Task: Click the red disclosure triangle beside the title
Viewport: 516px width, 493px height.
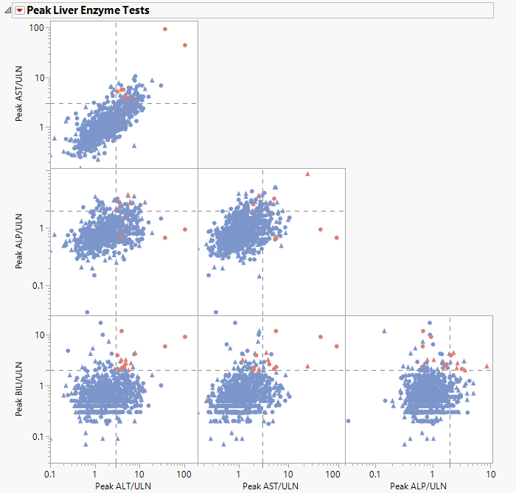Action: [19, 10]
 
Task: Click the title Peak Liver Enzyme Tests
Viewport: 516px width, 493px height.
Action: [88, 10]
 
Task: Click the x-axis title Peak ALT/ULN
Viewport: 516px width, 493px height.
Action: [123, 486]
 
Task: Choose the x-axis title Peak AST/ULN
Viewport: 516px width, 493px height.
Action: [271, 486]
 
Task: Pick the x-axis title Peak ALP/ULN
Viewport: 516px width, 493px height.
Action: [418, 486]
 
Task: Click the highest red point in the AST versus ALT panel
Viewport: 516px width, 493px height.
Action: [165, 29]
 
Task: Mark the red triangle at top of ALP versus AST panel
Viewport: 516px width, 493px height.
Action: [307, 174]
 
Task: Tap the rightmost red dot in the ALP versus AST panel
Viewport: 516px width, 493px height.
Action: [337, 238]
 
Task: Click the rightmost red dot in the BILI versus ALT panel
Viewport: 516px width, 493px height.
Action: [185, 337]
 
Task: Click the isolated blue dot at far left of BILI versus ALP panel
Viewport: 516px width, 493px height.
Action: [348, 421]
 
